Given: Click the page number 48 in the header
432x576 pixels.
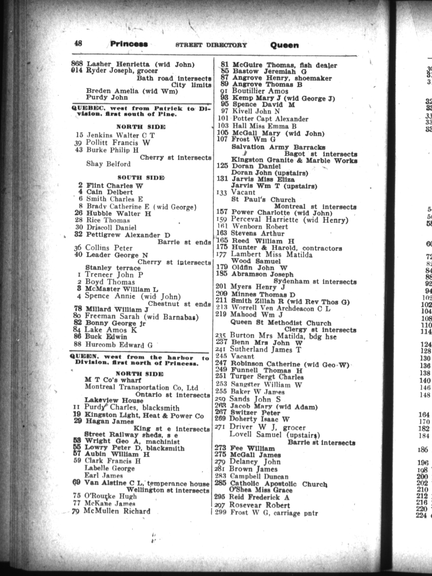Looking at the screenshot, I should (x=78, y=43).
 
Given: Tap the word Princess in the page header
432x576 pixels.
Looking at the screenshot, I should (x=129, y=44).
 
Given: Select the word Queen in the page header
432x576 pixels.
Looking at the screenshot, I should (x=284, y=45).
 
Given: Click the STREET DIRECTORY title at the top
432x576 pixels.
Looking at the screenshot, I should (x=211, y=45).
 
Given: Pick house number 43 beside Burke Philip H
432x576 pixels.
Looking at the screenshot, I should (x=79, y=150).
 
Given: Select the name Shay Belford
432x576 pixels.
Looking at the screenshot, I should (x=108, y=164).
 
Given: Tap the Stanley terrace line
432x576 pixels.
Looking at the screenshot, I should (x=113, y=268).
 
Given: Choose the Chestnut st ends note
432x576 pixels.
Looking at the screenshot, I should (x=179, y=304).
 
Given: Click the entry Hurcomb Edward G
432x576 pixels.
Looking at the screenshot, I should (x=119, y=345).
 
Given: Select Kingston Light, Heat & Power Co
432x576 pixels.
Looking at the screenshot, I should (x=144, y=416).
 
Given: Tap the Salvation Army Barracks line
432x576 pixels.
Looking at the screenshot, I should (x=278, y=147).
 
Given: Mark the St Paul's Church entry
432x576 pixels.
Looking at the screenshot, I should (x=263, y=200).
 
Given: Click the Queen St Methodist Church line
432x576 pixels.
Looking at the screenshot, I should (x=281, y=323).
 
